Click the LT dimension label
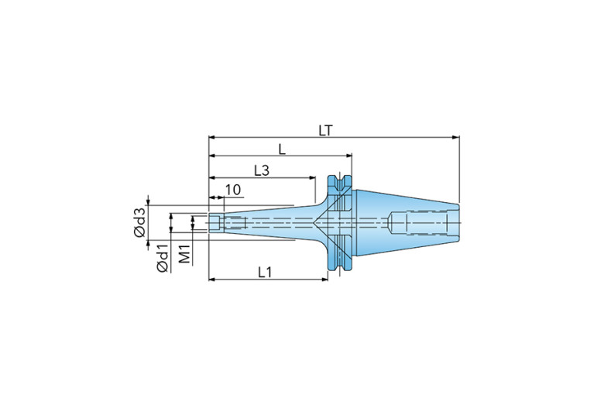pyautogui.click(x=325, y=130)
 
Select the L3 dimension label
pyautogui.click(x=262, y=171)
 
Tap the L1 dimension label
pyautogui.click(x=265, y=272)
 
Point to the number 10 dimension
pyautogui.click(x=233, y=190)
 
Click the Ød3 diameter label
pyautogui.click(x=139, y=222)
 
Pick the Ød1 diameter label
pyautogui.click(x=163, y=258)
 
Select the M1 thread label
pyautogui.click(x=184, y=254)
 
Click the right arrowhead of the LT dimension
pyautogui.click(x=456, y=137)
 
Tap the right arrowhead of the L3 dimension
pyautogui.click(x=312, y=177)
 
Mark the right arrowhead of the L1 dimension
pyautogui.click(x=324, y=280)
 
